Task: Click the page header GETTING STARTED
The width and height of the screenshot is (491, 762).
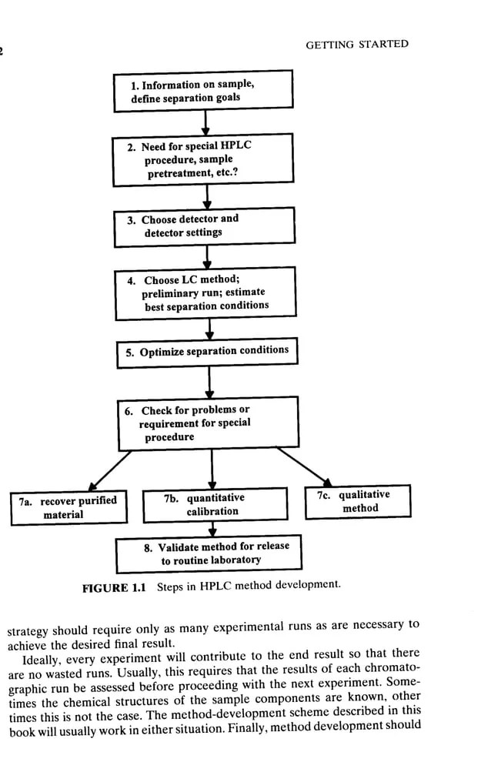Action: [x=357, y=45]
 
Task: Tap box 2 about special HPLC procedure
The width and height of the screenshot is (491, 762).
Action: [x=203, y=159]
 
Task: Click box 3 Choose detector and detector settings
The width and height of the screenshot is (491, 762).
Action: [x=204, y=226]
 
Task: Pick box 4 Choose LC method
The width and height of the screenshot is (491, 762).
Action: [x=205, y=292]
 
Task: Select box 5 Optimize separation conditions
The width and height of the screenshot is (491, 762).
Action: [x=206, y=351]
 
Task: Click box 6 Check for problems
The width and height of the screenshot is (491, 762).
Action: [x=208, y=423]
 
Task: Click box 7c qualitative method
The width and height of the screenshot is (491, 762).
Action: [x=358, y=501]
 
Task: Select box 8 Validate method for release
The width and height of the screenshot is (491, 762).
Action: [x=208, y=553]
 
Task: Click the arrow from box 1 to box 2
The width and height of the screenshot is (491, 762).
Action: [x=205, y=121]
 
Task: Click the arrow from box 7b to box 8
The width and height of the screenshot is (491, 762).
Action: [x=213, y=530]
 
